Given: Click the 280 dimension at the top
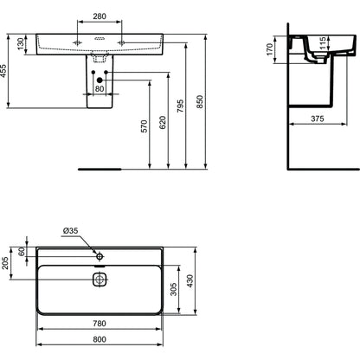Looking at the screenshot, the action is click(x=100, y=16).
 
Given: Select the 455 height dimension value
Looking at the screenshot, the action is click(x=3, y=71).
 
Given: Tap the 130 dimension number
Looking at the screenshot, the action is click(x=21, y=44).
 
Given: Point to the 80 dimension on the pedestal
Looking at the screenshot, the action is click(x=100, y=88).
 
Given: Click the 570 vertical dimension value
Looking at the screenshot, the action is click(x=144, y=126).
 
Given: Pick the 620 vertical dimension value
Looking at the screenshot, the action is click(x=163, y=122).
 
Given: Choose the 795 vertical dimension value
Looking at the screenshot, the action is click(x=180, y=106).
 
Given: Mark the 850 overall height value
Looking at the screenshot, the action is click(x=200, y=101).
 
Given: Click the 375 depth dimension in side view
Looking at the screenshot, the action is click(x=318, y=119).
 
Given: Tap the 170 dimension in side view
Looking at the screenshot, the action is click(x=269, y=49).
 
